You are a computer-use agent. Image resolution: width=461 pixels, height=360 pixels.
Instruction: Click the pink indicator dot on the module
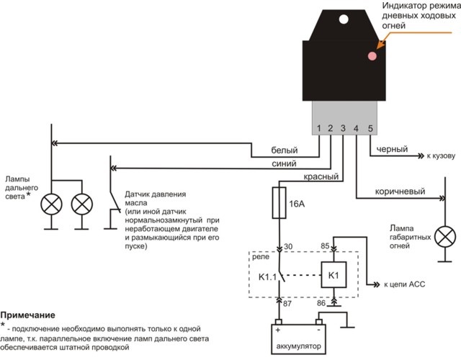(x=373, y=55)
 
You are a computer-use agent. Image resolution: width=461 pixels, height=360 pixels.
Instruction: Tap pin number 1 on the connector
(x=318, y=129)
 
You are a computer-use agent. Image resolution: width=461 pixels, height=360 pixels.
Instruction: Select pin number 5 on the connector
(x=370, y=129)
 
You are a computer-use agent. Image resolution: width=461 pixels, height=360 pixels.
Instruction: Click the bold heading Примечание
(x=27, y=315)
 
